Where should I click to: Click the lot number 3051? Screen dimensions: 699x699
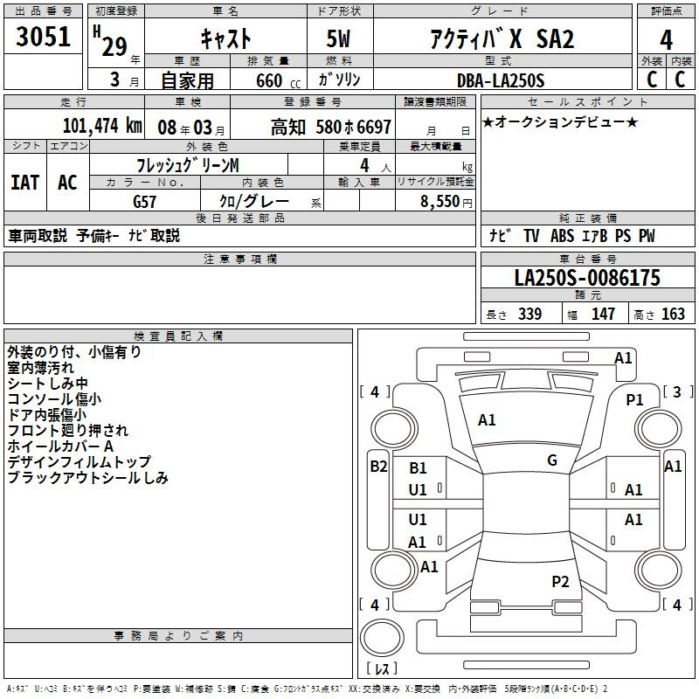tap(43, 37)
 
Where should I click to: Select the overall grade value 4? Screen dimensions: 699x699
tap(666, 39)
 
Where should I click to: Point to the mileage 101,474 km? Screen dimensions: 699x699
tap(102, 126)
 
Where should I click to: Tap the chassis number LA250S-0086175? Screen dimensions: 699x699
tap(587, 278)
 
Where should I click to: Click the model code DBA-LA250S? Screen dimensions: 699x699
tap(501, 80)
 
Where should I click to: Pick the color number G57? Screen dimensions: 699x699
tap(144, 202)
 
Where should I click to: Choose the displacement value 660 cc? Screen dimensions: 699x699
tap(278, 80)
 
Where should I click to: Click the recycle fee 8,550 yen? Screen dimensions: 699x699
tap(446, 202)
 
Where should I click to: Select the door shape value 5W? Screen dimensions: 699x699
tap(338, 38)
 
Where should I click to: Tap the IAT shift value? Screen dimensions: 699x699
tap(25, 183)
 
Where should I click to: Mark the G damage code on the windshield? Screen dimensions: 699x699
tap(552, 460)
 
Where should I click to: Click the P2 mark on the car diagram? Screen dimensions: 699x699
tap(560, 582)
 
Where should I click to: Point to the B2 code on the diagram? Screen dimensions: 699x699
tap(378, 467)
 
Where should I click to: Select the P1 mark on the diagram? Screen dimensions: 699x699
tap(634, 400)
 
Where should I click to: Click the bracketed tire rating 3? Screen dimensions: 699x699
tap(677, 391)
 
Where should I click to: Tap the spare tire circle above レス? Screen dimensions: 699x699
tap(382, 638)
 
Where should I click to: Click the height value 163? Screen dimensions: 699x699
tap(673, 314)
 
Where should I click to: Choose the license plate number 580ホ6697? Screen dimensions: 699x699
tap(354, 127)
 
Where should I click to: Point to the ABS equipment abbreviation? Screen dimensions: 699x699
tap(562, 235)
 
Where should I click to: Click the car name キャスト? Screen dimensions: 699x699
tap(225, 38)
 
